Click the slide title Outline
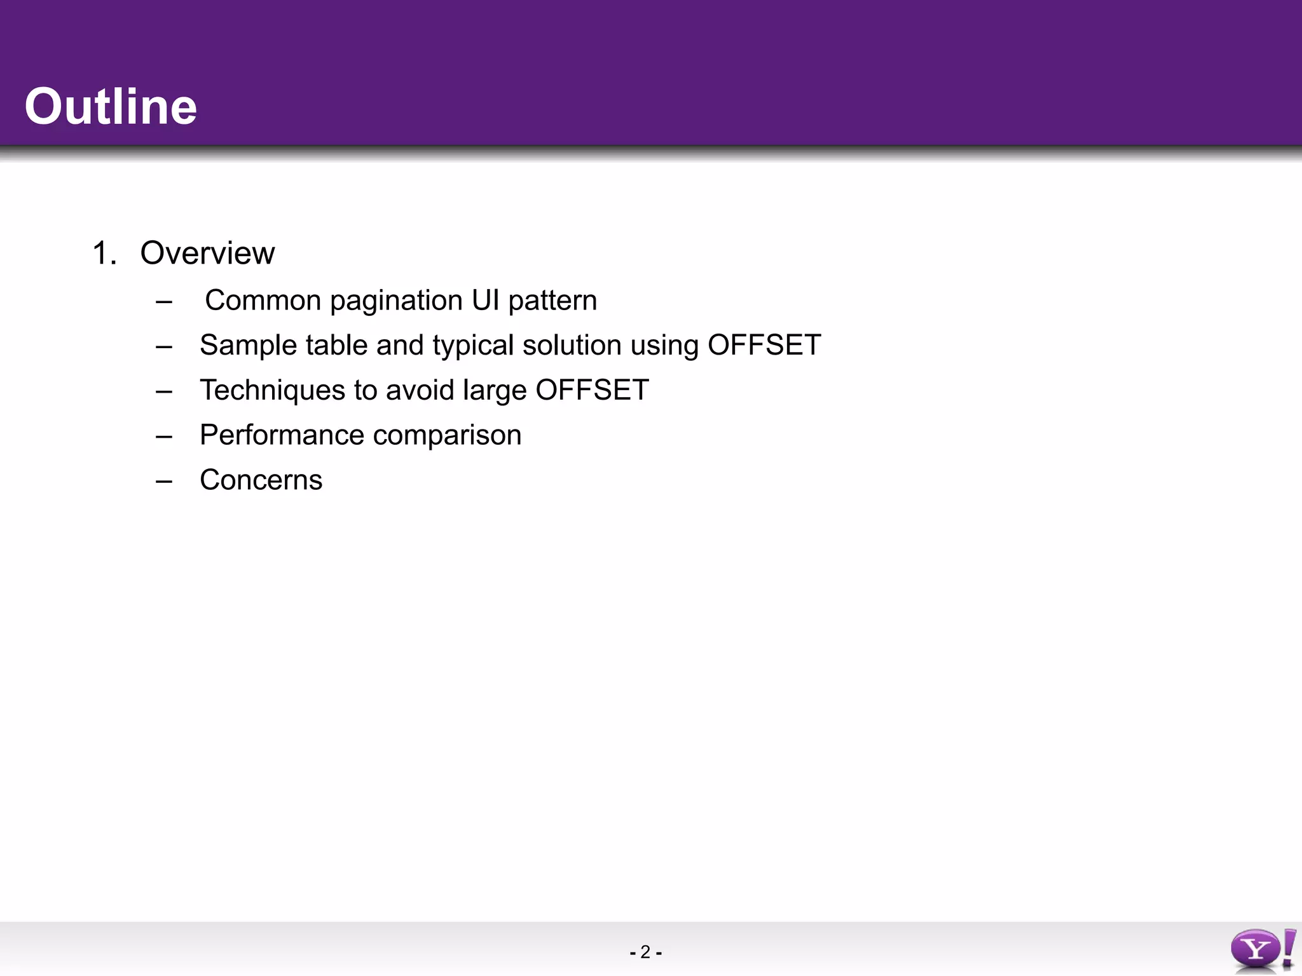111,107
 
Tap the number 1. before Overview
104,253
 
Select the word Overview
207,253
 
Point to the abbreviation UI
486,300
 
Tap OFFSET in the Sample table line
764,345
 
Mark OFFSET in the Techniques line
592,390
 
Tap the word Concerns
261,480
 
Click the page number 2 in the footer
645,952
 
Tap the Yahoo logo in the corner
1262,950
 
